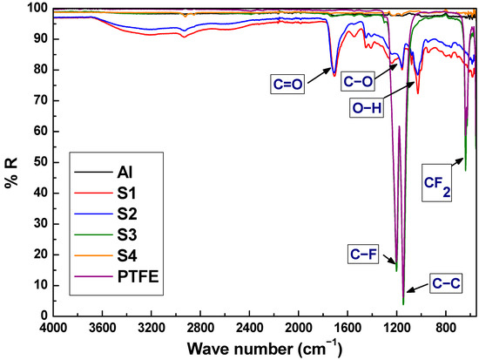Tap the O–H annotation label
367,109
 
